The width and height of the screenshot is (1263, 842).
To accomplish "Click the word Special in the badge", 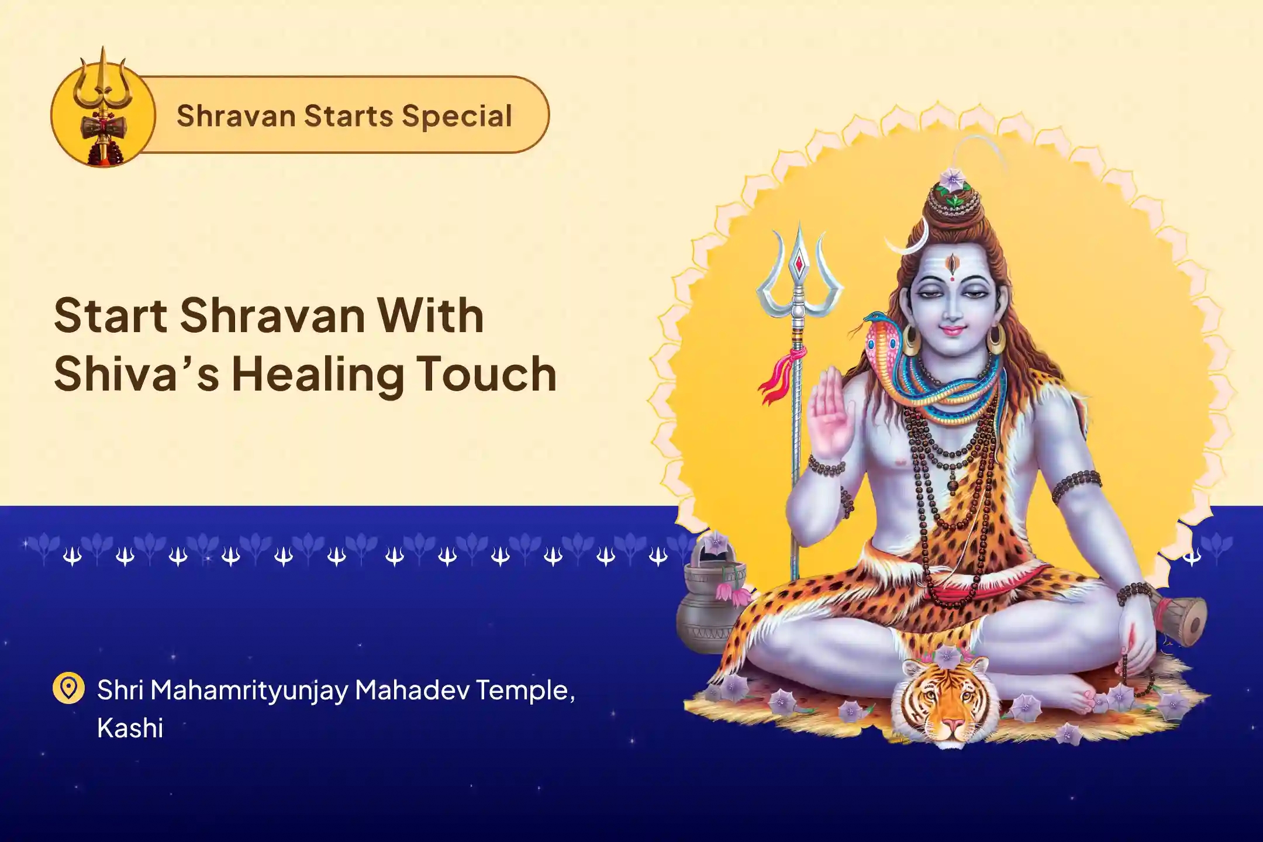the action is point(457,115).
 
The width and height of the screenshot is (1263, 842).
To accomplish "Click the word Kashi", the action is point(130,729).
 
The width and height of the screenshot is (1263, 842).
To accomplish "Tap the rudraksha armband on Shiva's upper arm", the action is point(1076,486).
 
